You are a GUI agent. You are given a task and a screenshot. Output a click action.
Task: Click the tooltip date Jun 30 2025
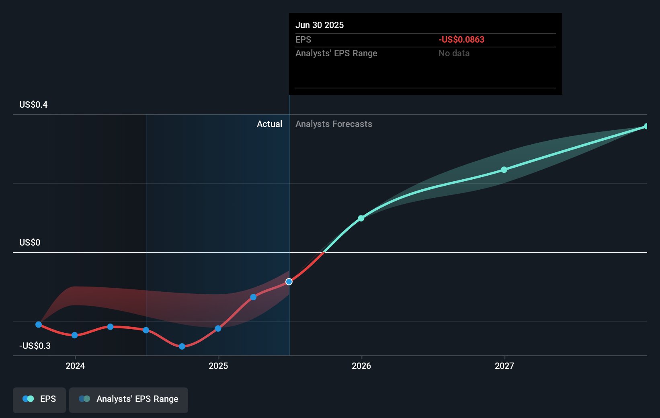coord(320,25)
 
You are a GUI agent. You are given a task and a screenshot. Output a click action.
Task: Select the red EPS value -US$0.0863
coord(461,39)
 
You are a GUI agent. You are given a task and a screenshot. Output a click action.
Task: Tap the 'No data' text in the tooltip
coord(454,53)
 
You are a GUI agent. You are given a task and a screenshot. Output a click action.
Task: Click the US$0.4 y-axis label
coord(33,104)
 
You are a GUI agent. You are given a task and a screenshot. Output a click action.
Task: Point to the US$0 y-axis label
coord(30,242)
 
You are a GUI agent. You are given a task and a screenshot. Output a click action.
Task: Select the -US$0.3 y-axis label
coord(35,346)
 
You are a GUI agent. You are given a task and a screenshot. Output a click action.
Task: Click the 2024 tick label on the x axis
coord(75,366)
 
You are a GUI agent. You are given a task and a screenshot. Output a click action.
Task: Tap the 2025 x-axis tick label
coord(218,366)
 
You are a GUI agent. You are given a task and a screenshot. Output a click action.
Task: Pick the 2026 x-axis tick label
coord(361,366)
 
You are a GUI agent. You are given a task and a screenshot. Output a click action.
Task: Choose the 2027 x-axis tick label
coord(504,366)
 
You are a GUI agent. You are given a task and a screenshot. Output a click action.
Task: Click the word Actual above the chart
coord(269,124)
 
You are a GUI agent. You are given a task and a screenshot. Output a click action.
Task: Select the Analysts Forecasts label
coord(334,124)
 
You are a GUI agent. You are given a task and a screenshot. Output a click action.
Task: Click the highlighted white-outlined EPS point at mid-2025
coord(289,282)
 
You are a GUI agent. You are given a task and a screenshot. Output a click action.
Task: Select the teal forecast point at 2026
coord(361,218)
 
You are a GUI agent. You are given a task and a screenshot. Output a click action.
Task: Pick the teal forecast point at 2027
coord(504,170)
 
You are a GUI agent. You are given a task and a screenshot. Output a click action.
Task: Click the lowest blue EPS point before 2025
coord(182,346)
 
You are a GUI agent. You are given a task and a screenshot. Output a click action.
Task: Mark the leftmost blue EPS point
coord(39,324)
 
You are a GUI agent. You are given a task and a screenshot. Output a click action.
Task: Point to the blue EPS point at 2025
coord(218,328)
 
